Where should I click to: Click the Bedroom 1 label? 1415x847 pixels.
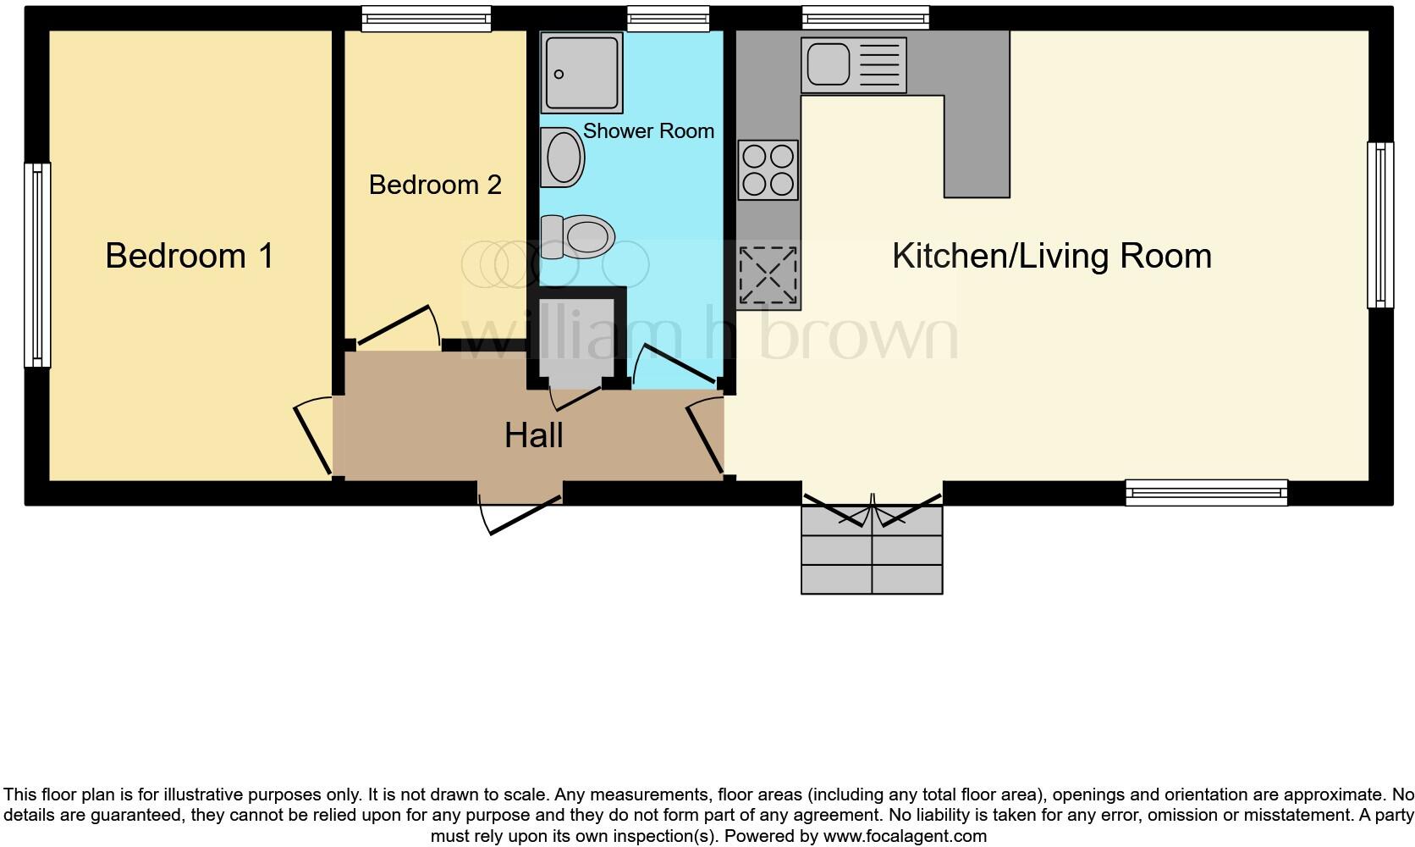[190, 256]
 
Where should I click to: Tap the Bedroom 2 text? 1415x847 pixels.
[435, 185]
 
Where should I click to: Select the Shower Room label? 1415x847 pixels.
[648, 131]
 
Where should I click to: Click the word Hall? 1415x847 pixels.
[533, 436]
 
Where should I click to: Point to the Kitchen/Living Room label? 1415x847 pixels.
[1051, 256]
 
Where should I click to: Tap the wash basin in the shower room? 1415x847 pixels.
[563, 158]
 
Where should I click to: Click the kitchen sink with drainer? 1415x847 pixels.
[853, 65]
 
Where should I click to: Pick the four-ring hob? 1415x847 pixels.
[768, 170]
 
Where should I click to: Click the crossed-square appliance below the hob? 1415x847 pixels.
[768, 275]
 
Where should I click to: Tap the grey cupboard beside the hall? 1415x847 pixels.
[576, 339]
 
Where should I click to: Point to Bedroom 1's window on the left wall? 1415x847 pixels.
[37, 265]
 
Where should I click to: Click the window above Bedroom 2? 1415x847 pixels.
[426, 19]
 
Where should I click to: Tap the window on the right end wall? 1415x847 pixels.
[1379, 224]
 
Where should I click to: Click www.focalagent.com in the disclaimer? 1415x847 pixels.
[904, 837]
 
